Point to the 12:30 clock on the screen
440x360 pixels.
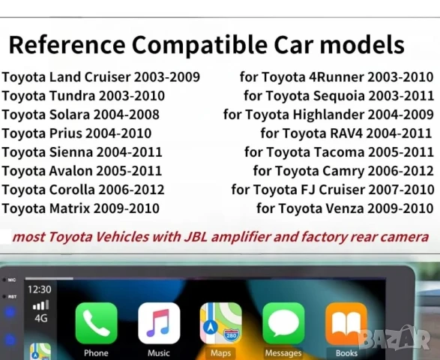[39, 289]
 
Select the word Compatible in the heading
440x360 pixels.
[216, 44]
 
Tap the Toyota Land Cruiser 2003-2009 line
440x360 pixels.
[100, 76]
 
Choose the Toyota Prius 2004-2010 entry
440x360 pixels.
[76, 133]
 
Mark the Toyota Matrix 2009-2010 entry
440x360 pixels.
[80, 208]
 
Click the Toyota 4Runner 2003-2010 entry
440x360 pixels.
[337, 76]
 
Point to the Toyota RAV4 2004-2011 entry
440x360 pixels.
[347, 133]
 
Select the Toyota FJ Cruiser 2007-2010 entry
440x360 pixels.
[333, 189]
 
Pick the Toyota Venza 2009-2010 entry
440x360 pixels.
[345, 208]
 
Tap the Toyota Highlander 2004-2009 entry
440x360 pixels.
[328, 114]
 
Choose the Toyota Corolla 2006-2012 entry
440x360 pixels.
[83, 189]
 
